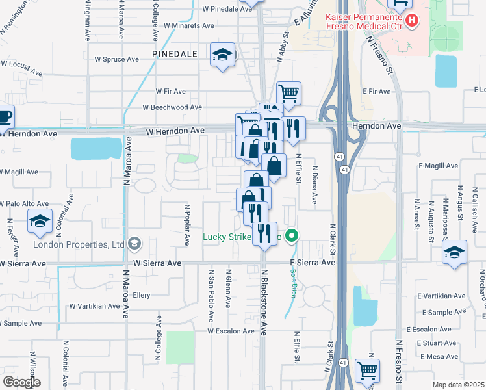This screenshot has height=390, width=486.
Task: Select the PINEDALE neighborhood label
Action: [x=174, y=53]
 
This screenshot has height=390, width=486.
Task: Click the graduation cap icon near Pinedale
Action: [x=222, y=55]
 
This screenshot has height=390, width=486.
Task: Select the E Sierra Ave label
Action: [x=313, y=263]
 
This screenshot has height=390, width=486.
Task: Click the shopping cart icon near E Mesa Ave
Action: [x=367, y=370]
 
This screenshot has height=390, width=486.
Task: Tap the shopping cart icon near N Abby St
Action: [x=288, y=93]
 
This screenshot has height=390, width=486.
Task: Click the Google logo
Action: [x=21, y=382]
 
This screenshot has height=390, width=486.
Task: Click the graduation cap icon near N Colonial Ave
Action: [x=40, y=223]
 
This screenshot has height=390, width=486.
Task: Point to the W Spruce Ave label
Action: [x=117, y=58]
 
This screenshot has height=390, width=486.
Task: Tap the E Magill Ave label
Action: [x=439, y=166]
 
